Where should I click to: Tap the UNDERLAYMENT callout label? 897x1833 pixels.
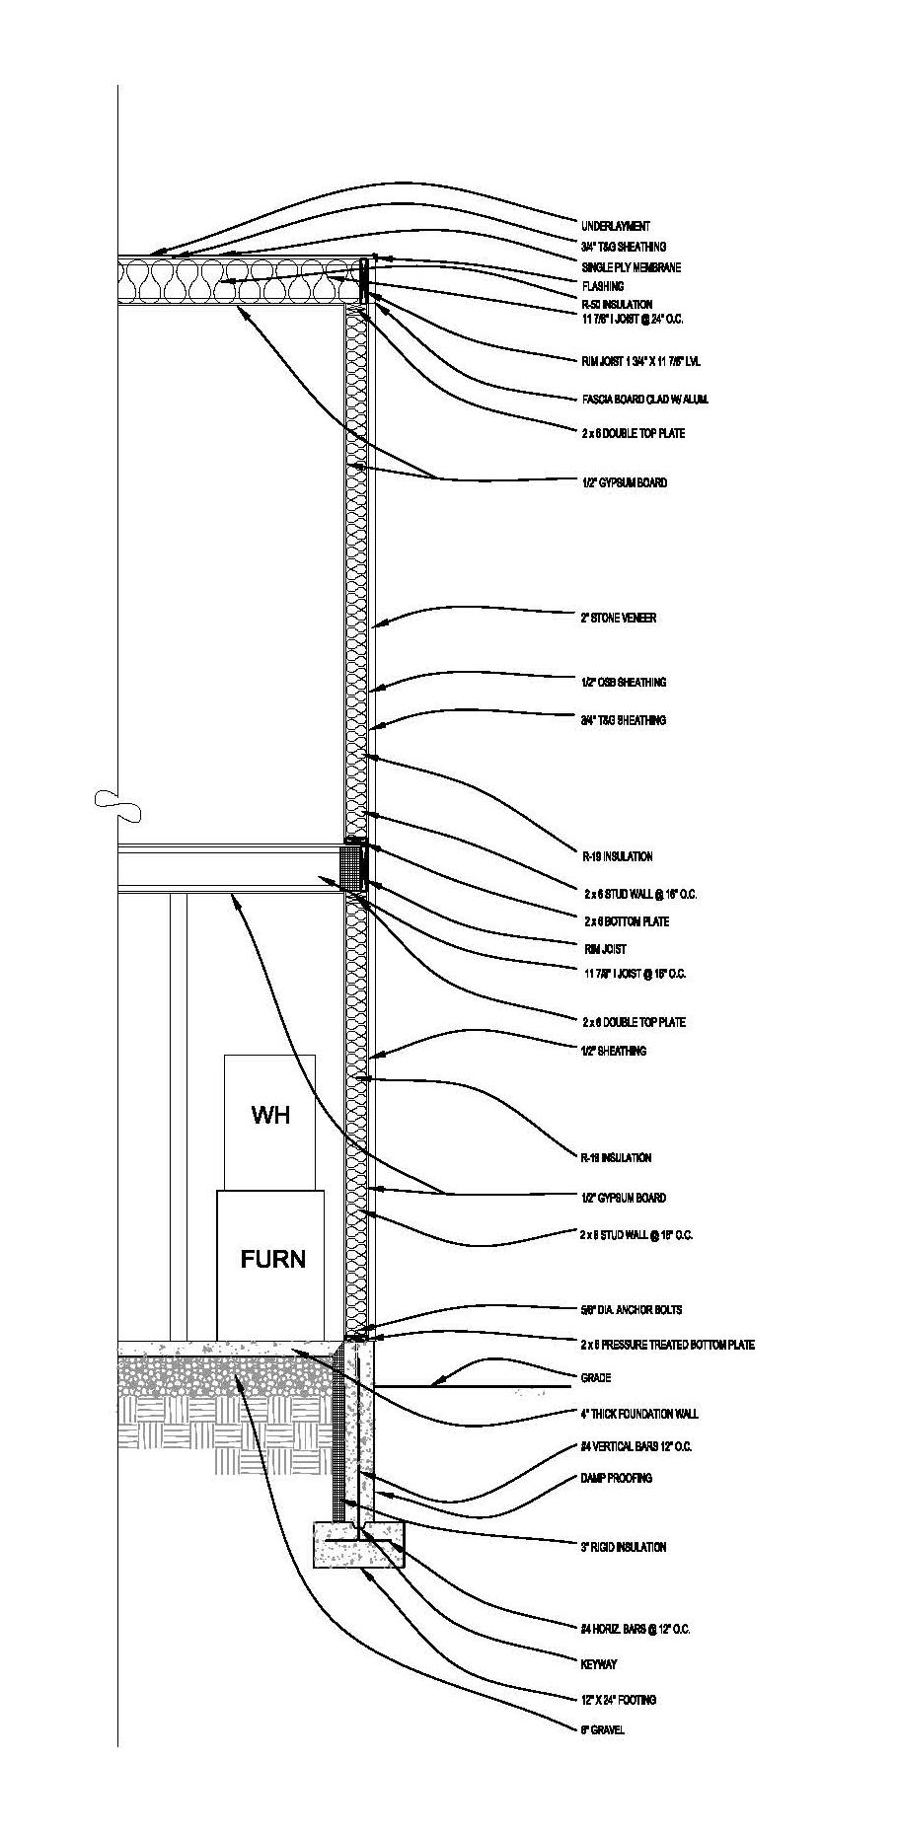pos(616,227)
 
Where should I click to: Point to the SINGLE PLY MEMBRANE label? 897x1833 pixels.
pos(631,268)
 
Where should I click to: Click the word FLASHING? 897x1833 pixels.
pos(602,287)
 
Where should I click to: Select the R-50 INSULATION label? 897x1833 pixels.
pos(617,305)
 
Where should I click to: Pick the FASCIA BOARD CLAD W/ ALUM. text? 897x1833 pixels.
pos(644,400)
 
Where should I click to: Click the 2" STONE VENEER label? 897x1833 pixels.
pos(618,619)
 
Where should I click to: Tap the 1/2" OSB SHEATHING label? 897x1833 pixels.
pos(623,683)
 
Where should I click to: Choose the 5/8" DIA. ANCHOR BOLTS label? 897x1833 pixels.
pos(631,1310)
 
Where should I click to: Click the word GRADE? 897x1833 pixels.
pos(596,1378)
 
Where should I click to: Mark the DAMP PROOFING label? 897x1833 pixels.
pos(616,1479)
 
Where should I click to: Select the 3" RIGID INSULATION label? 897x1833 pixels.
pos(623,1548)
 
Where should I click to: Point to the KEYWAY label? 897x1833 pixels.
pos(599,1664)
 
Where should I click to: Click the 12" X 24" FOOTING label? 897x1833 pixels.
pos(618,1700)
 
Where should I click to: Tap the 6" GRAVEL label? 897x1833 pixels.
pos(602,1730)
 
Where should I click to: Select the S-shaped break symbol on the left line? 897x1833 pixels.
pos(117,806)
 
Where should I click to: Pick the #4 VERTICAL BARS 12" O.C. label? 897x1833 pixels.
pos(635,1447)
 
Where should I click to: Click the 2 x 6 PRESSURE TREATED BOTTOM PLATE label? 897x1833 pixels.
pos(667,1345)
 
